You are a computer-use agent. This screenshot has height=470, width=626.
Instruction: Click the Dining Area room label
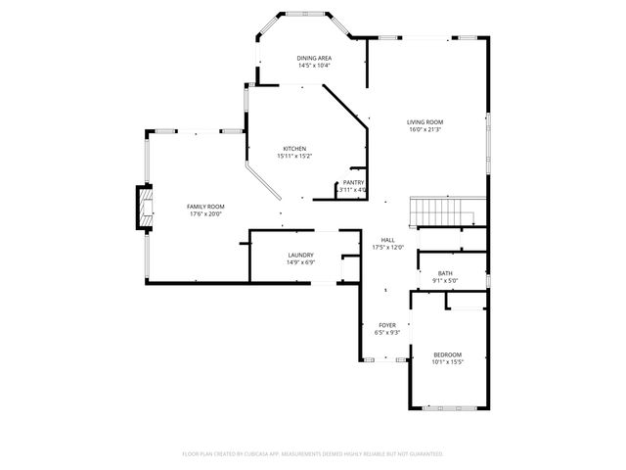(x=314, y=59)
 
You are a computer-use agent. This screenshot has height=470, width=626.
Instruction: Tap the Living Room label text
(x=425, y=121)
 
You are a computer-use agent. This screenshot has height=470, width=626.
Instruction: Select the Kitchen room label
(x=294, y=149)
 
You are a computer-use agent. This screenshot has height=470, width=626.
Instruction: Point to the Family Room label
(x=205, y=207)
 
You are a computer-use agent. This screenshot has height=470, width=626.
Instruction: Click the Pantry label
(x=353, y=182)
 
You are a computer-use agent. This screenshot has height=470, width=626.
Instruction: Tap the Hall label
(x=388, y=240)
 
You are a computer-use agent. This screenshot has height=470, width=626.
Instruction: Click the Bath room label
(x=445, y=273)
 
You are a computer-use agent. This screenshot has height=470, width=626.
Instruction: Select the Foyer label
(x=387, y=325)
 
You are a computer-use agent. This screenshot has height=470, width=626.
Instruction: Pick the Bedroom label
(x=447, y=354)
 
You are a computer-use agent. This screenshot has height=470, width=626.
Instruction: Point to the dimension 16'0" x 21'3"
(x=425, y=129)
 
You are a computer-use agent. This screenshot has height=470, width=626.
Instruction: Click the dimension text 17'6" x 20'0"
(x=205, y=214)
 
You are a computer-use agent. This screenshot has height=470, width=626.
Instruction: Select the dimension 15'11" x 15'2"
(x=294, y=157)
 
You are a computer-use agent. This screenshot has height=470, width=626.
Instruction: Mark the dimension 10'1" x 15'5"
(x=447, y=362)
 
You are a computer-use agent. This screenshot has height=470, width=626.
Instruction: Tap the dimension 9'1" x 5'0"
(x=445, y=281)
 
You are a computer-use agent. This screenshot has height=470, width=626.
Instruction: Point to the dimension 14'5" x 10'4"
(x=314, y=66)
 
